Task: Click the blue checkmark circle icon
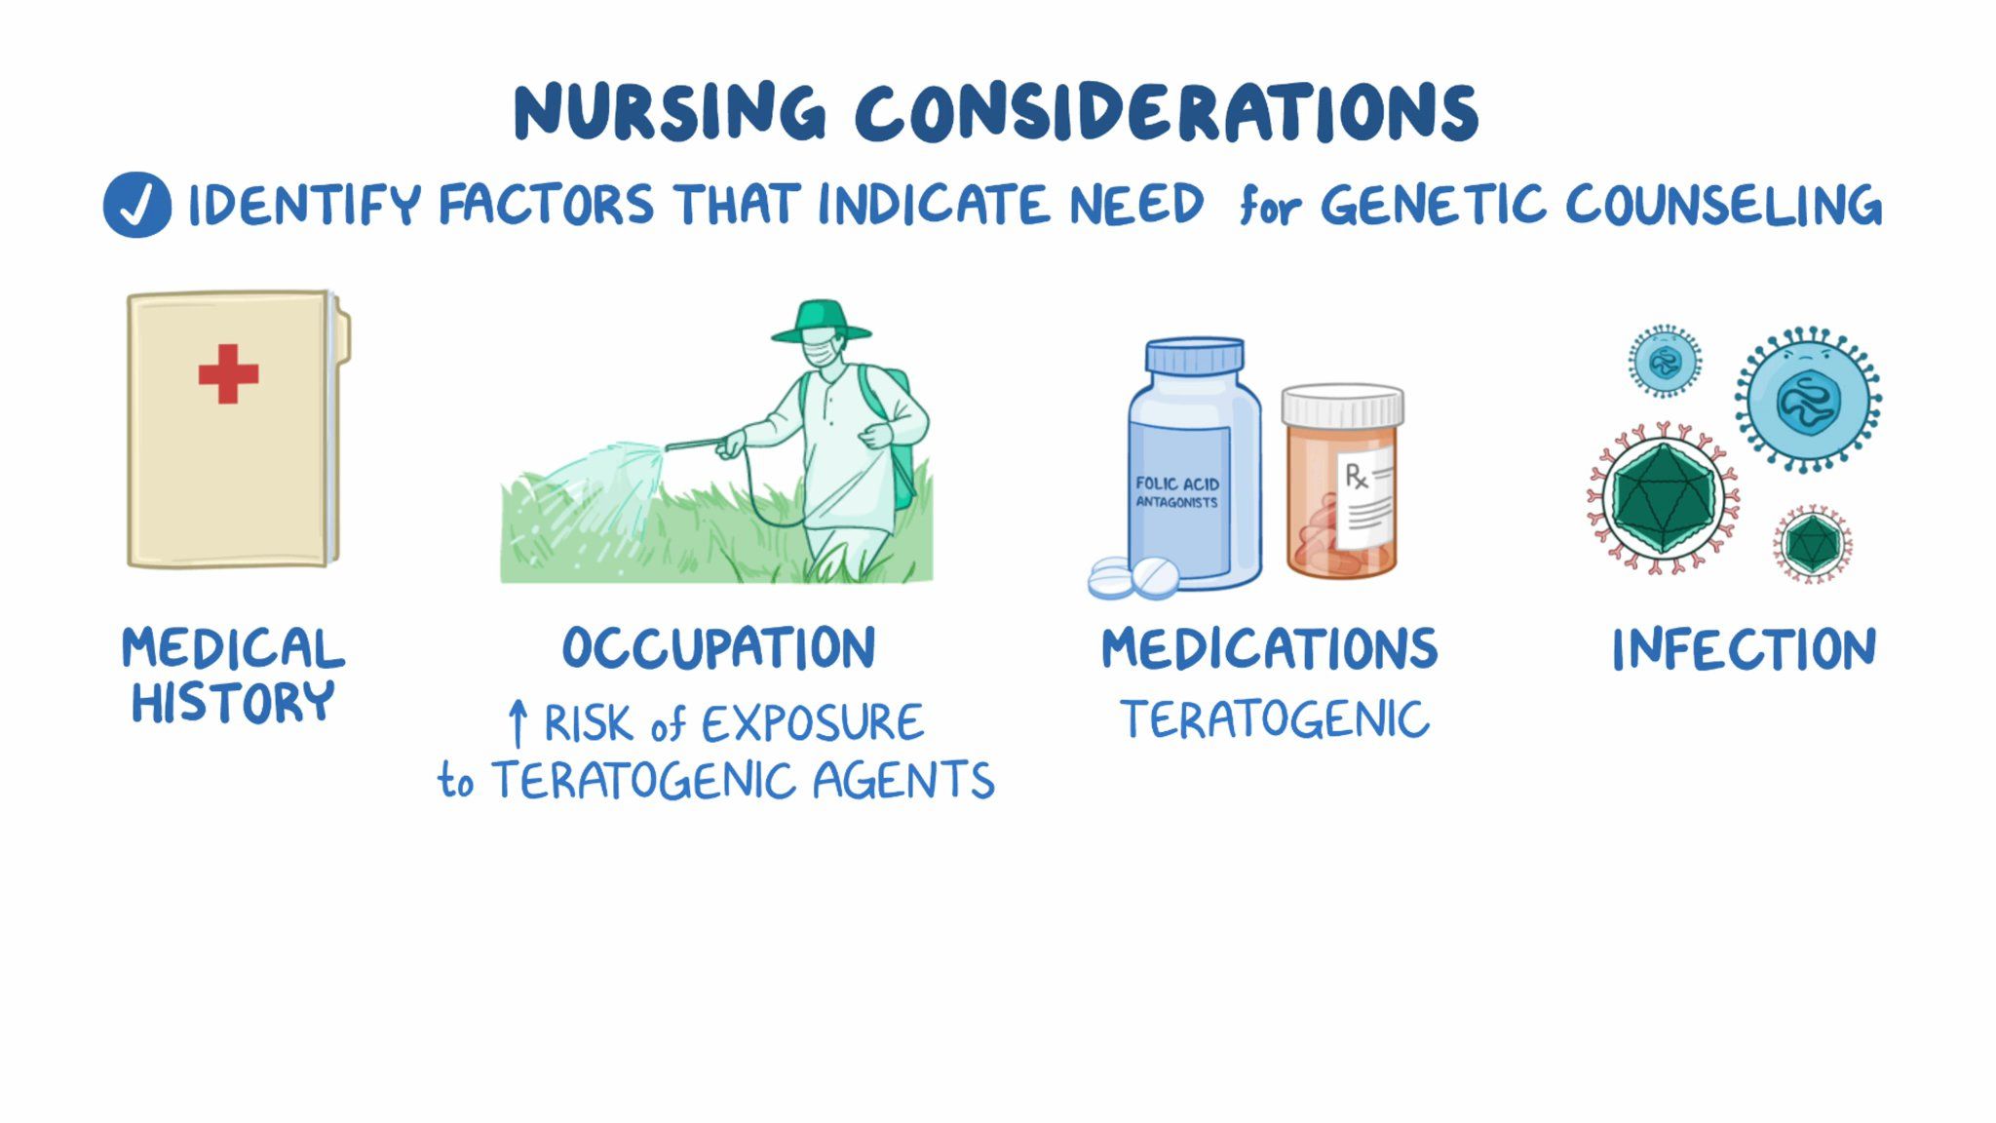pos(137,205)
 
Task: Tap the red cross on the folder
pos(228,373)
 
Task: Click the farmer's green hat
pos(821,322)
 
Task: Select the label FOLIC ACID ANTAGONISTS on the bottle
pos(1177,492)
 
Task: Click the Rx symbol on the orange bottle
pos(1356,476)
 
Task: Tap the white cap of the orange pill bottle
pos(1342,404)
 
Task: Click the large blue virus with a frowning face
pos(1808,400)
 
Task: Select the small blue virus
pos(1665,362)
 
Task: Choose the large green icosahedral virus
pos(1663,498)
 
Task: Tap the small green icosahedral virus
pos(1812,544)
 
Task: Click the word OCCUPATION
pos(719,648)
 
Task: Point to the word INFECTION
pos(1744,649)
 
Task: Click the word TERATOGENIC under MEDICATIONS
pos(1274,720)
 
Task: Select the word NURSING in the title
pos(670,111)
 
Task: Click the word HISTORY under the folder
pos(233,703)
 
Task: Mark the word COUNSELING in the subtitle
pos(1723,205)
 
